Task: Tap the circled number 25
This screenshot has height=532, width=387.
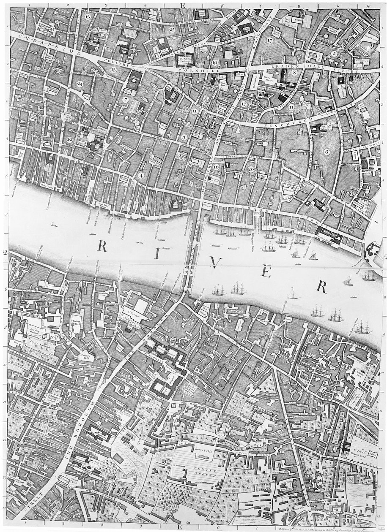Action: pos(173,30)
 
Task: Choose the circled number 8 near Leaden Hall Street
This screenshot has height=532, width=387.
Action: pos(294,73)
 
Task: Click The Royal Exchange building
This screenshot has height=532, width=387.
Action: pos(185,60)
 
